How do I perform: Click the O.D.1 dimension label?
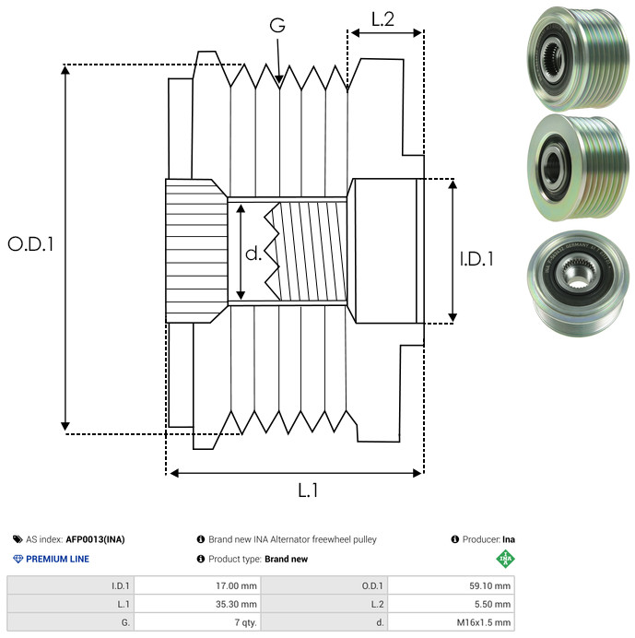(30, 244)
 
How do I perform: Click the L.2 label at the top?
(382, 19)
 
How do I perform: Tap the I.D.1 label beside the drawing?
(477, 259)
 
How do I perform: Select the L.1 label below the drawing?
(308, 490)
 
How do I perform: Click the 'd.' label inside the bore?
(253, 253)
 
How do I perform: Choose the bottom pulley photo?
(572, 276)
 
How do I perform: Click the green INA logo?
(504, 559)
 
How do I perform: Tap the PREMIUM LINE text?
(58, 559)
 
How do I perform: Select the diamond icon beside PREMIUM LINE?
(18, 559)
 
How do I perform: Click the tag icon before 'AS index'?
(18, 539)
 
